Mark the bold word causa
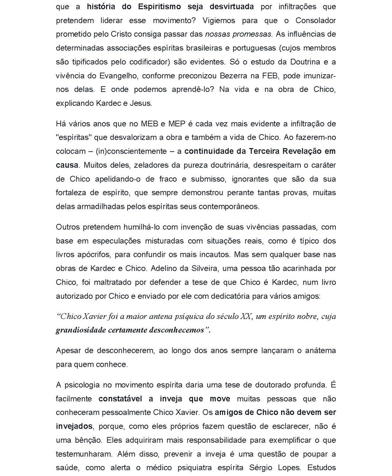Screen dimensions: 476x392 click(x=67, y=165)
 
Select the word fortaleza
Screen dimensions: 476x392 click(x=74, y=192)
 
